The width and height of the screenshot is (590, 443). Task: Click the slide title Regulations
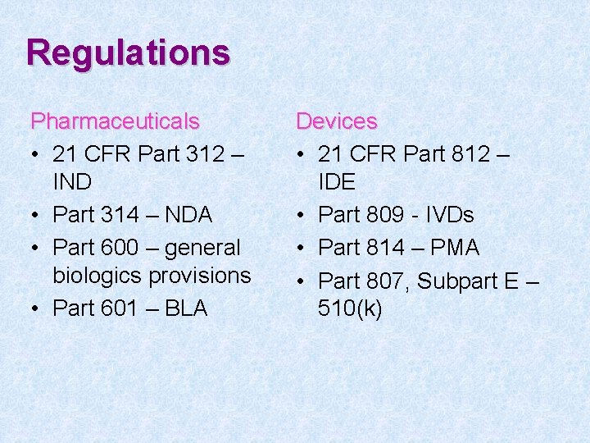point(128,53)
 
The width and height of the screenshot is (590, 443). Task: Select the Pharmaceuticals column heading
point(115,121)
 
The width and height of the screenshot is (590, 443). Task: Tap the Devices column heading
point(336,121)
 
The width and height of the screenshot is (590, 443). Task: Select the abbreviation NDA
point(187,215)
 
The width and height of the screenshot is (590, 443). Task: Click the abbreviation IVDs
point(445,215)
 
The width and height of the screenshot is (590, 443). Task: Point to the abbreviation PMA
point(453,248)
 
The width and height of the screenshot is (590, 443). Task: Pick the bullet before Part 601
point(36,309)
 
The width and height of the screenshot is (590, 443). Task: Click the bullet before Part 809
point(302,216)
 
